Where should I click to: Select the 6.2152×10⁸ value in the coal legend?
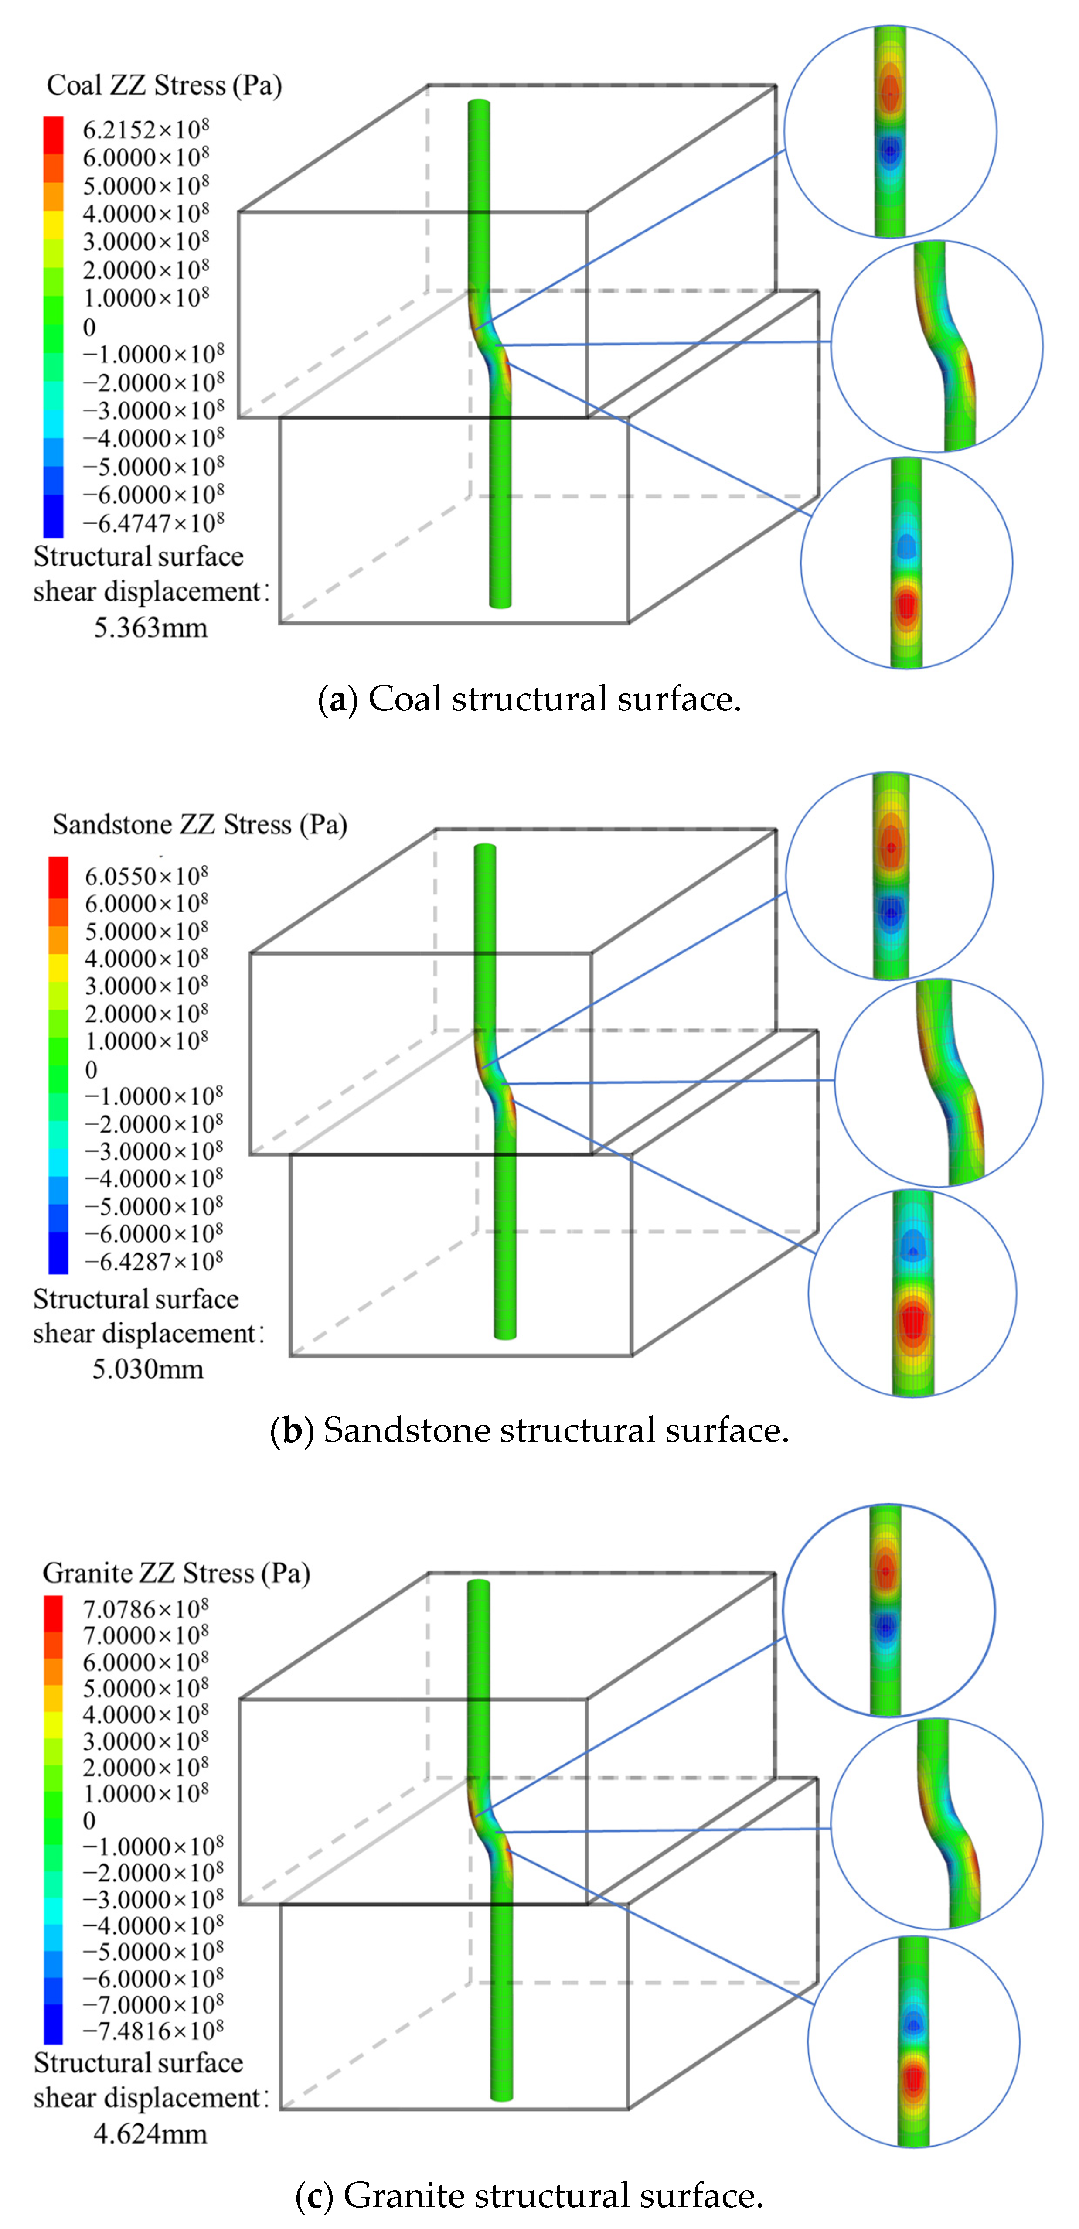click(x=145, y=130)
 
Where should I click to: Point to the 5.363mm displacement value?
click(x=150, y=627)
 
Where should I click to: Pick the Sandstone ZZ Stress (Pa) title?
click(x=200, y=825)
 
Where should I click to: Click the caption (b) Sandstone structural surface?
click(x=530, y=1430)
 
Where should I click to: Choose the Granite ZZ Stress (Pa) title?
click(x=177, y=1572)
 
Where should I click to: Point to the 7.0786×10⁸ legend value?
click(x=145, y=1609)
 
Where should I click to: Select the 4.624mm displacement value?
click(x=150, y=2134)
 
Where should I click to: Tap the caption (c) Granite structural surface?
click(x=530, y=2195)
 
